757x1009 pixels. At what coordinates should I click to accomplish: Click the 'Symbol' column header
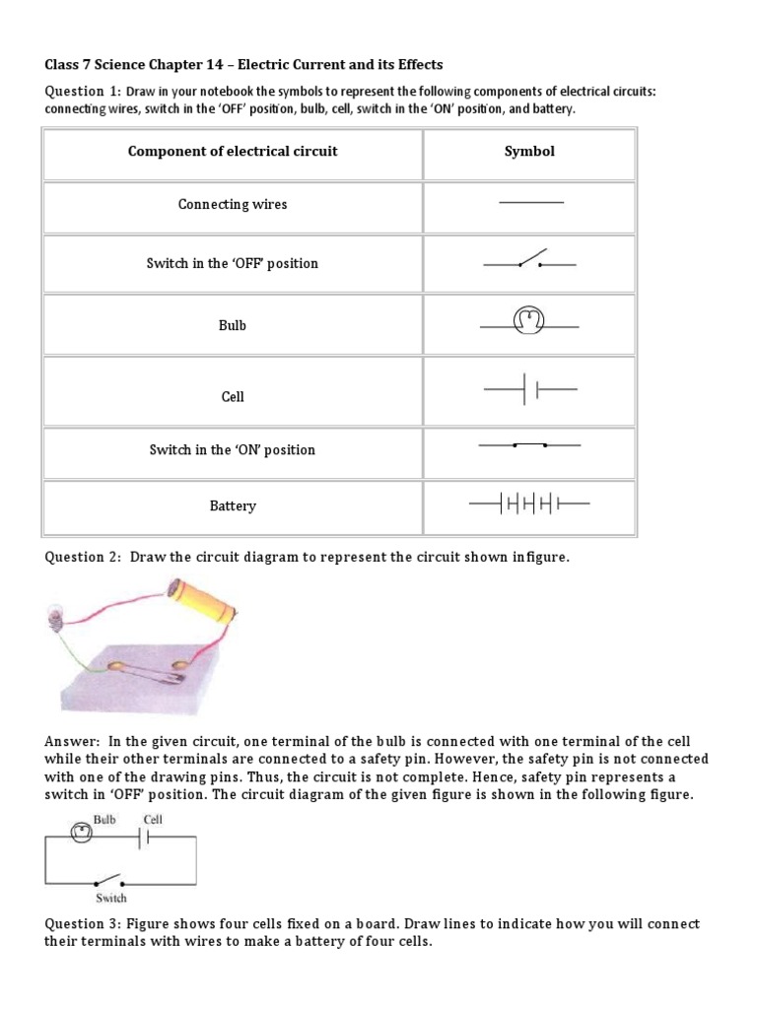click(x=529, y=151)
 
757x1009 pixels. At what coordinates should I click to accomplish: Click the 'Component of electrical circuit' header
click(x=233, y=151)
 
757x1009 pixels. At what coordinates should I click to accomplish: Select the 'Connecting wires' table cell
click(x=233, y=204)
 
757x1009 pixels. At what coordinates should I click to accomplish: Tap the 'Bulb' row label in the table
click(x=233, y=324)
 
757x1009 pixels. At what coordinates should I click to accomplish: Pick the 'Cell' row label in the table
click(x=233, y=396)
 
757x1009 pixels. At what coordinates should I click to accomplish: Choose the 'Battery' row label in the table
click(x=233, y=505)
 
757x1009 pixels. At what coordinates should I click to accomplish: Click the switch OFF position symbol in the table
click(x=529, y=262)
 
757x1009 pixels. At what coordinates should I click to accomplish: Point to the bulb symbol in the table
click(x=529, y=321)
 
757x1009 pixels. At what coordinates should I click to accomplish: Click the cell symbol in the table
click(x=529, y=391)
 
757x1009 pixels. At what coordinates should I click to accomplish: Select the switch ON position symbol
click(x=529, y=445)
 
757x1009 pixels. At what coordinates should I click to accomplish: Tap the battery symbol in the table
click(x=529, y=504)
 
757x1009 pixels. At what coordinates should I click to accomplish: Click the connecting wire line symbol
click(x=531, y=202)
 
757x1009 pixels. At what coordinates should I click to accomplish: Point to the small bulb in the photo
click(x=56, y=619)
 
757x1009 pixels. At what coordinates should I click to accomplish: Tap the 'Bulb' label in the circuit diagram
click(x=106, y=819)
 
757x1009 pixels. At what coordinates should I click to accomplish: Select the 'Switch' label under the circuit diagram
click(x=110, y=898)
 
